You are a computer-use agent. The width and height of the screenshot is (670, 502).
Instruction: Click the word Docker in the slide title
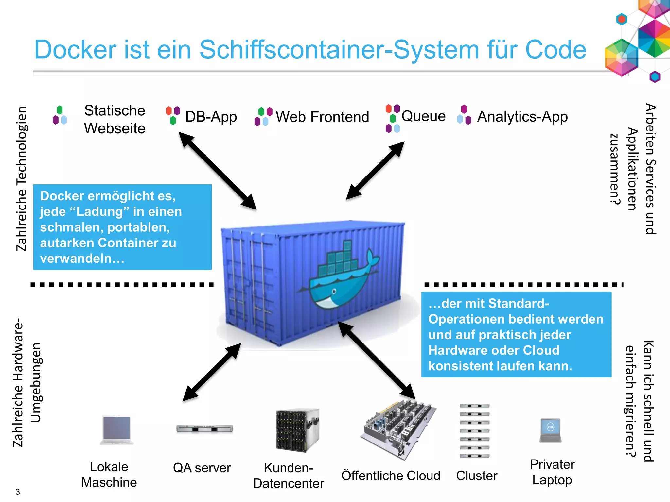pyautogui.click(x=76, y=50)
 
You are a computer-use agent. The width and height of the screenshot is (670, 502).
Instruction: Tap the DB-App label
pyautogui.click(x=211, y=117)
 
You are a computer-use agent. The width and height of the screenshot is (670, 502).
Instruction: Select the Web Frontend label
pyautogui.click(x=322, y=117)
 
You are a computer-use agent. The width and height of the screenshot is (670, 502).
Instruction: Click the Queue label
pyautogui.click(x=423, y=116)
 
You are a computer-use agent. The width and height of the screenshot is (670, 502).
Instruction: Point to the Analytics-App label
pyautogui.click(x=522, y=117)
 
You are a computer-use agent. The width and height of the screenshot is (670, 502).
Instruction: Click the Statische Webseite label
pyautogui.click(x=115, y=119)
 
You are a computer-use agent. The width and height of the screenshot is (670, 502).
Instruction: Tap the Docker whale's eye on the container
pyautogui.click(x=334, y=291)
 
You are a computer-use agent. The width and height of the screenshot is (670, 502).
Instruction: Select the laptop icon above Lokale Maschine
pyautogui.click(x=116, y=430)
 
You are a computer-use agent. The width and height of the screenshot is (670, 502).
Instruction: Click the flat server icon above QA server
pyautogui.click(x=204, y=429)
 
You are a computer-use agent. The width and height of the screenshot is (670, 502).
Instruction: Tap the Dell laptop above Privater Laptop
pyautogui.click(x=551, y=430)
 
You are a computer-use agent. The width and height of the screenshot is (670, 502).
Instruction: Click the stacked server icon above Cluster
pyautogui.click(x=474, y=430)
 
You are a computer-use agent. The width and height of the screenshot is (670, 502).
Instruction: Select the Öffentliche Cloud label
pyautogui.click(x=391, y=476)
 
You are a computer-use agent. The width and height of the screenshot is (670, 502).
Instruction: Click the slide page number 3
pyautogui.click(x=18, y=492)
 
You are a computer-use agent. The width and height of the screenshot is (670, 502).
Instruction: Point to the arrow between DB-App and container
pyautogui.click(x=218, y=171)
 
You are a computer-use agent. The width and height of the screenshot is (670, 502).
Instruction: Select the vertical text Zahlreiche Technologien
pyautogui.click(x=21, y=178)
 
